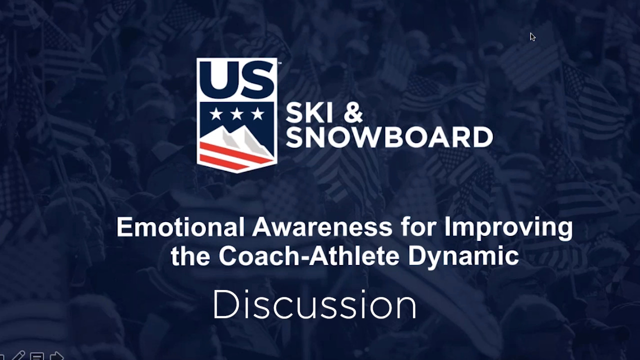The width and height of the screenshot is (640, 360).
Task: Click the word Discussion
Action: [x=314, y=304]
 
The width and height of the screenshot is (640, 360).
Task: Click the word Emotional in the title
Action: [x=181, y=227]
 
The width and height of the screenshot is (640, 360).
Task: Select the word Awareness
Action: [x=322, y=227]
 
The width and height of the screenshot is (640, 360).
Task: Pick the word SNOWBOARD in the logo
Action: [x=389, y=137]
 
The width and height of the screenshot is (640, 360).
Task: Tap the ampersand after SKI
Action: [x=353, y=113]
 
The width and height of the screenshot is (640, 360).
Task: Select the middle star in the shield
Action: [x=237, y=114]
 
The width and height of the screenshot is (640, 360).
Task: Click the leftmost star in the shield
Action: [x=216, y=114]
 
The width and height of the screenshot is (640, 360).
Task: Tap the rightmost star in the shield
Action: [x=257, y=114]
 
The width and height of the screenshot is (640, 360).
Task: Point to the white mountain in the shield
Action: [x=237, y=140]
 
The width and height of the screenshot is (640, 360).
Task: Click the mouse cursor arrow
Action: [x=532, y=37]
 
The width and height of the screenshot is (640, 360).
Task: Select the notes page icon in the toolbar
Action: [x=37, y=356]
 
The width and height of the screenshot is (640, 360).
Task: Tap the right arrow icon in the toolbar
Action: [x=56, y=356]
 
